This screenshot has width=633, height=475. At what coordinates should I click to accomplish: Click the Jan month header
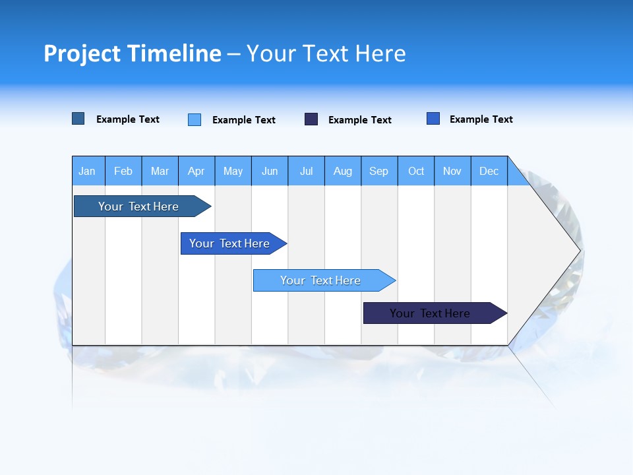87,171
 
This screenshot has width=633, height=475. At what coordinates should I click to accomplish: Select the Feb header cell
123,171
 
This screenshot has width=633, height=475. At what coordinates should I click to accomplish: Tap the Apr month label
196,171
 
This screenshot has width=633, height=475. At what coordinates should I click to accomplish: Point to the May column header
233,171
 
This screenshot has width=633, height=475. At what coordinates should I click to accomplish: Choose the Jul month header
306,171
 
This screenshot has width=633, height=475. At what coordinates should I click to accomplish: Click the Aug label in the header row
342,171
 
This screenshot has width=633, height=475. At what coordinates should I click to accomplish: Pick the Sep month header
378,171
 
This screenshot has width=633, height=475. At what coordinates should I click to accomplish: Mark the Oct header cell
416,171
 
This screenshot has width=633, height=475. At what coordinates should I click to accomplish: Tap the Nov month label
452,171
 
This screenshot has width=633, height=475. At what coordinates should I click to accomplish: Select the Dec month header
489,171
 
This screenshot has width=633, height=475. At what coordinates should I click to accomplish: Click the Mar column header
160,171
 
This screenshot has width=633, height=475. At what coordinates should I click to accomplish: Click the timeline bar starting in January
138,206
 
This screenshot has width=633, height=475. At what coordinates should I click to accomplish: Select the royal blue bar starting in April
229,243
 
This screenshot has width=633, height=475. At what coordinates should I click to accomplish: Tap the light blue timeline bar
320,280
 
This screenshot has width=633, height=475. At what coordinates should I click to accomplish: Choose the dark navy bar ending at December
430,313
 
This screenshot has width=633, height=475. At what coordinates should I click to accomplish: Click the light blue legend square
195,119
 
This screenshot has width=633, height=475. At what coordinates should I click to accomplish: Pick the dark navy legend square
311,119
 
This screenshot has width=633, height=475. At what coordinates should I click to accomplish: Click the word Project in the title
82,53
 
